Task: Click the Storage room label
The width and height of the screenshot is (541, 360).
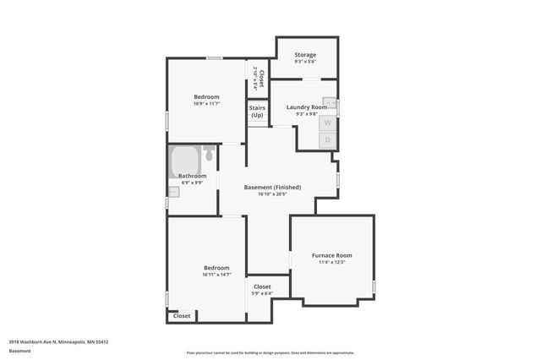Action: point(305,55)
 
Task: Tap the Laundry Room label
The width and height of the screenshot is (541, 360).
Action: point(306,107)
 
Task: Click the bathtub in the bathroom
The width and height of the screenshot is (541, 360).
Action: point(183,159)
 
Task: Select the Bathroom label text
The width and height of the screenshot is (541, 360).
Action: point(192,176)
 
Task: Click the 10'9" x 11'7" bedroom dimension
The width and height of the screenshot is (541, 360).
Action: point(206,104)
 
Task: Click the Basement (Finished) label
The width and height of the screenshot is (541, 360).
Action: point(272,187)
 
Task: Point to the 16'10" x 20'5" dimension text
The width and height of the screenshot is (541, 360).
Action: point(272,194)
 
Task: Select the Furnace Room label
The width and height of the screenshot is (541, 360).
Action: point(331,255)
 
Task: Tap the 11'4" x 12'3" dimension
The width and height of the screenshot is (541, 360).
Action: point(331,262)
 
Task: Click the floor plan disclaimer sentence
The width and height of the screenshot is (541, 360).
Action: point(270,352)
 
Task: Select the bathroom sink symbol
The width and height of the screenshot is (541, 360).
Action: point(173,192)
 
